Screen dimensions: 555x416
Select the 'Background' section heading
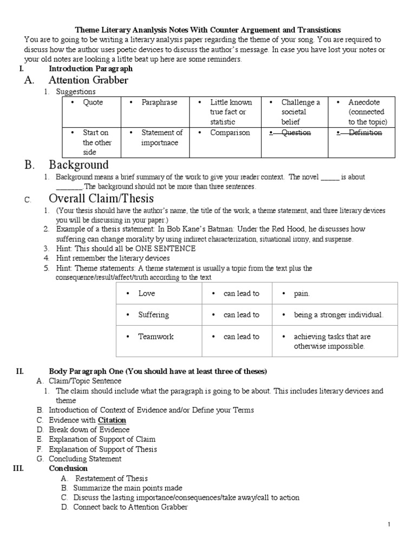79,164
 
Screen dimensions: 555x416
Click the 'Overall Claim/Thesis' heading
101,198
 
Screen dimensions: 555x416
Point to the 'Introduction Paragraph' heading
90,69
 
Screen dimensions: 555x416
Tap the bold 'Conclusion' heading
68,468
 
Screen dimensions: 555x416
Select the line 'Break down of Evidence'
89,430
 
